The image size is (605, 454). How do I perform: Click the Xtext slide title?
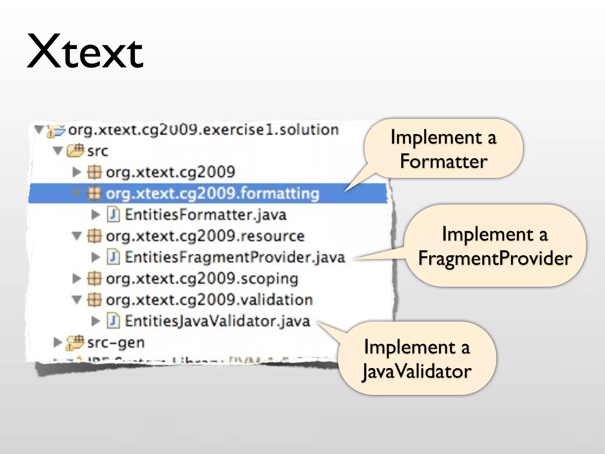(x=85, y=52)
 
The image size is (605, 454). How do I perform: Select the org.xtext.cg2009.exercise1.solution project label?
(x=203, y=130)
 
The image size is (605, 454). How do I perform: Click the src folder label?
(x=97, y=151)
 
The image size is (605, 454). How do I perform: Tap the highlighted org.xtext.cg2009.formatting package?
(x=212, y=194)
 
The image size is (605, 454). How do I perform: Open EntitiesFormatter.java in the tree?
(x=205, y=215)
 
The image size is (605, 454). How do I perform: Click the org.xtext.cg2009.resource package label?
(x=205, y=236)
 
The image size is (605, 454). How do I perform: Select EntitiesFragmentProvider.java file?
(x=235, y=257)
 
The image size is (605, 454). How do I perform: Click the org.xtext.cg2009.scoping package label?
(x=202, y=279)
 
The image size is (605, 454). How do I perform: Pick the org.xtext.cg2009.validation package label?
(x=209, y=300)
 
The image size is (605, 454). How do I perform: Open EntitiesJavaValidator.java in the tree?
(x=217, y=321)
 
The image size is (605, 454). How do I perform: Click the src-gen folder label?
(x=116, y=343)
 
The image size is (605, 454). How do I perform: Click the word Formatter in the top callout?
(x=443, y=161)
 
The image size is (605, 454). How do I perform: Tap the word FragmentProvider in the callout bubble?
(x=495, y=258)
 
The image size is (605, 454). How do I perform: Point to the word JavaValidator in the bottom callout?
(x=417, y=371)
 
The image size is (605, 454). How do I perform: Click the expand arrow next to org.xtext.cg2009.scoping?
(x=77, y=278)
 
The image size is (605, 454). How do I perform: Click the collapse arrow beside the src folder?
(x=58, y=151)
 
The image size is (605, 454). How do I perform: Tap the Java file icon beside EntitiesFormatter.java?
(x=113, y=215)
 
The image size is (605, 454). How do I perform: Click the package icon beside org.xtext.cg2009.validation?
(x=94, y=300)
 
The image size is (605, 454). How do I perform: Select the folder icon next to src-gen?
(x=75, y=342)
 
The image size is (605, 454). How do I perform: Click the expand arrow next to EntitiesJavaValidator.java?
(x=95, y=321)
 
